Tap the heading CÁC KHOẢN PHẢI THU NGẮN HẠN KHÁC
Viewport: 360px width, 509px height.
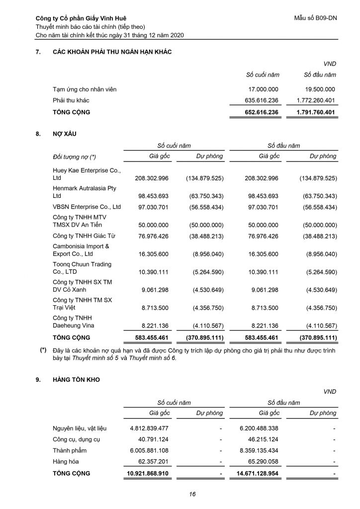tap(112, 53)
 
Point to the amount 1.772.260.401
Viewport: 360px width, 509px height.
tap(312, 100)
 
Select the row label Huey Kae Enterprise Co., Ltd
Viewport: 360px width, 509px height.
tap(87, 174)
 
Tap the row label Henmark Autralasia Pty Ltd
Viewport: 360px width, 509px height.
tap(84, 192)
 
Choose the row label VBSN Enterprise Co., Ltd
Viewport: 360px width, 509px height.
tap(87, 206)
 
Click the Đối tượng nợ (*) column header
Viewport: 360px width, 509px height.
tap(74, 157)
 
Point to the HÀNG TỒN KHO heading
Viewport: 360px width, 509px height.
tap(76, 380)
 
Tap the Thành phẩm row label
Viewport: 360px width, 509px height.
tap(70, 450)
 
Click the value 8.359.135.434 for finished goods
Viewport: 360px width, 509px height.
tap(259, 450)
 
